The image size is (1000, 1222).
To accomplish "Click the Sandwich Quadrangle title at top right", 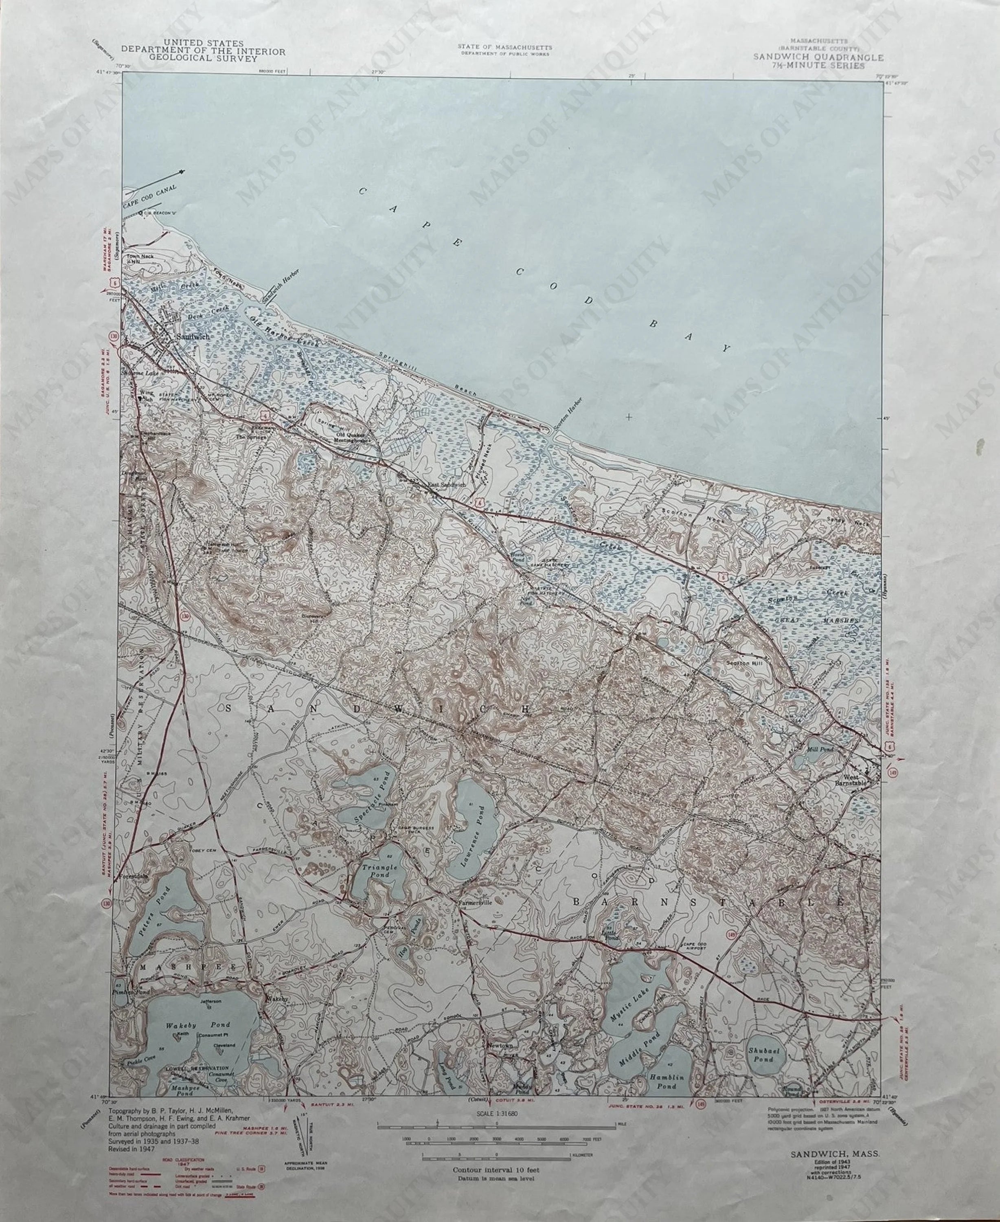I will click(x=817, y=57).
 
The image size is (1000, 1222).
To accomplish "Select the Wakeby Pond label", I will click(x=197, y=1025).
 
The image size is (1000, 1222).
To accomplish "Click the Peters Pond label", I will click(x=151, y=921).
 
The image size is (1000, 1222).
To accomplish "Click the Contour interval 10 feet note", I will click(x=496, y=1169).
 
